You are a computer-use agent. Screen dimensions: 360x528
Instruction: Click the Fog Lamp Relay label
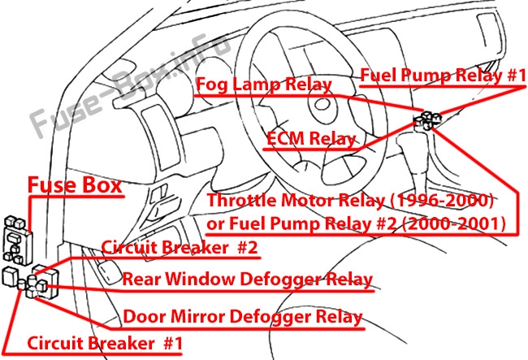click(264, 85)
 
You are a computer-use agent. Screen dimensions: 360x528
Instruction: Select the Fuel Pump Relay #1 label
click(444, 76)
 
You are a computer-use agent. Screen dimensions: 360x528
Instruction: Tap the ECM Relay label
click(311, 138)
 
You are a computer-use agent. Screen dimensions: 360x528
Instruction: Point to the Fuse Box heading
click(75, 184)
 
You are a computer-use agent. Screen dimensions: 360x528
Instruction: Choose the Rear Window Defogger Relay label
click(247, 280)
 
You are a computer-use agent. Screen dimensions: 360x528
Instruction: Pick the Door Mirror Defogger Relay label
click(242, 316)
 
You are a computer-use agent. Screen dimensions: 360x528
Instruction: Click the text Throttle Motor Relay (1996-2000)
click(351, 201)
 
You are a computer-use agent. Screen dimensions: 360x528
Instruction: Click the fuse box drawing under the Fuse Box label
click(18, 235)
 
